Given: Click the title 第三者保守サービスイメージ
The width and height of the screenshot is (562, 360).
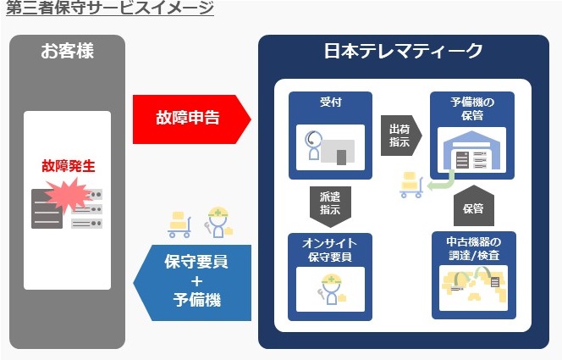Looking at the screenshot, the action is click(110, 8).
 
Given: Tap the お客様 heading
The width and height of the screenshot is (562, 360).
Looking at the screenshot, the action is click(67, 51).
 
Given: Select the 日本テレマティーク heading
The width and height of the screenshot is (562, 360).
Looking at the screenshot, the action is click(403, 51).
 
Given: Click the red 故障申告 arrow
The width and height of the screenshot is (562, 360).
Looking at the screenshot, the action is click(192, 119).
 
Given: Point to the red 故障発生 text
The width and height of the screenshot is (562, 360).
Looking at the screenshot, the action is click(69, 166).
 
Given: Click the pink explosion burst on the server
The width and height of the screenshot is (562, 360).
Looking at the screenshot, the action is click(68, 196).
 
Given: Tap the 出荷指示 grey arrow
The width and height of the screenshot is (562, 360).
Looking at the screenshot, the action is click(401, 136).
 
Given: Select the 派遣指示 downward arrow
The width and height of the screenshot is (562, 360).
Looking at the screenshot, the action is click(330, 206).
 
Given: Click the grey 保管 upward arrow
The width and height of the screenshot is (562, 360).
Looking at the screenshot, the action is click(473, 206).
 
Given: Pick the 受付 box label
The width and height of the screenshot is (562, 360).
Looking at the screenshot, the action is click(330, 102).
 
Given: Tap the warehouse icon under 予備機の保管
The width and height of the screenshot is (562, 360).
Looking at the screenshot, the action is click(471, 151).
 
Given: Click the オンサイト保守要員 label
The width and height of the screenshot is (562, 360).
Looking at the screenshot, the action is click(330, 250).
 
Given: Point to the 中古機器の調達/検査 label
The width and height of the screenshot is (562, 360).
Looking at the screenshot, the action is click(473, 248).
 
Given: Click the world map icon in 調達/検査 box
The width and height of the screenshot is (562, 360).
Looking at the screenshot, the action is click(473, 287).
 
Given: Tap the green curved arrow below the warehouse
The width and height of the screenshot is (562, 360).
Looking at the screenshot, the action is click(442, 182).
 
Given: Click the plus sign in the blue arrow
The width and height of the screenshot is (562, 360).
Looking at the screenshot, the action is click(196, 281).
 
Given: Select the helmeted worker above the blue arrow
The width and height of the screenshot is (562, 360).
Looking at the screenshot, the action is click(218, 222).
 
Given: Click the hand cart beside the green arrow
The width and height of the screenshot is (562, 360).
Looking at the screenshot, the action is click(411, 185).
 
